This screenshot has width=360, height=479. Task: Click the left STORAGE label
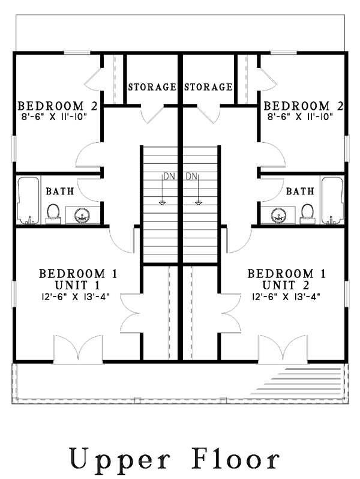[x=152, y=87]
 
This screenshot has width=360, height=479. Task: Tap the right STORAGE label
[x=208, y=87]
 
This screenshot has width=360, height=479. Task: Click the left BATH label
[x=60, y=191]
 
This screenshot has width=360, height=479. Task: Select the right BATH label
[x=300, y=191]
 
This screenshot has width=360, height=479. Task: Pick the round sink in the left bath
[x=82, y=215]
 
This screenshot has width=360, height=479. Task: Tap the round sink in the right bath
[x=278, y=215]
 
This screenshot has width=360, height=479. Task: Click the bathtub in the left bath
[x=28, y=200]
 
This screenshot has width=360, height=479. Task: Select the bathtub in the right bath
[x=332, y=200]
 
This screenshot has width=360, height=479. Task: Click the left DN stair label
[x=169, y=176]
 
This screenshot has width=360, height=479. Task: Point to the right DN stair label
[x=191, y=176]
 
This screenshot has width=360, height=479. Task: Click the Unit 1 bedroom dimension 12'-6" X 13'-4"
[x=76, y=297]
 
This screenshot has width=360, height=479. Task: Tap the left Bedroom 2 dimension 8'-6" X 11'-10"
[x=55, y=116]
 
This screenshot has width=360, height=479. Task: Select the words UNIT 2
[x=286, y=285]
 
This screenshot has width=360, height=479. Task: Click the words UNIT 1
[x=77, y=285]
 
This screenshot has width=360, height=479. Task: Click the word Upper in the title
[x=119, y=459]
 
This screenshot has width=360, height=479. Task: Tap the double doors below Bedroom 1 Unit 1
[x=78, y=349]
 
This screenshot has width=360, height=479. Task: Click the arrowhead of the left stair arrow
[x=162, y=202]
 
